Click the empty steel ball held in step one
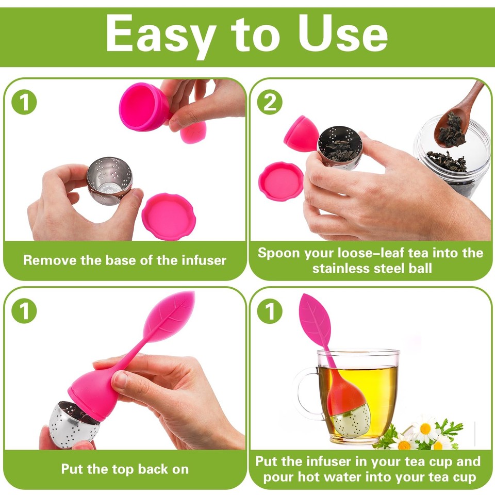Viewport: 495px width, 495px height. [109, 180]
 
